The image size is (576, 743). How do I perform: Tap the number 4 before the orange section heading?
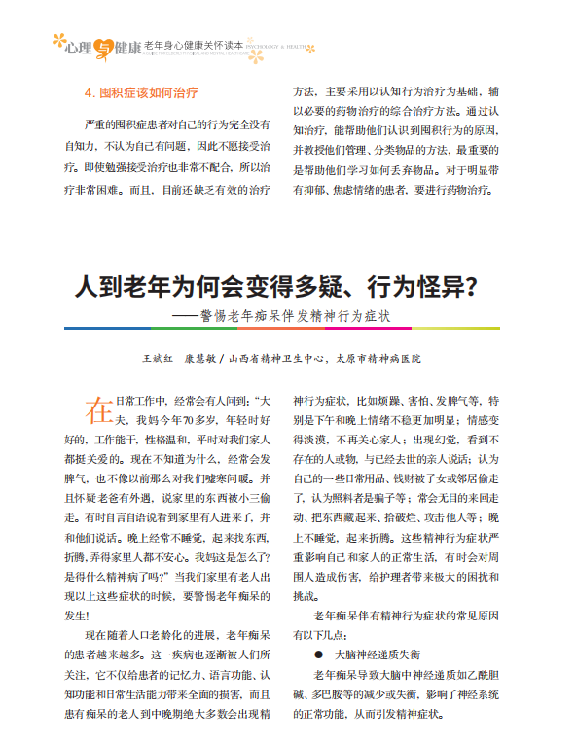point(90,94)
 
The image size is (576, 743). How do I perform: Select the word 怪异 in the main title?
point(433,289)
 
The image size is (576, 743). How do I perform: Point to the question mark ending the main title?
point(467,289)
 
